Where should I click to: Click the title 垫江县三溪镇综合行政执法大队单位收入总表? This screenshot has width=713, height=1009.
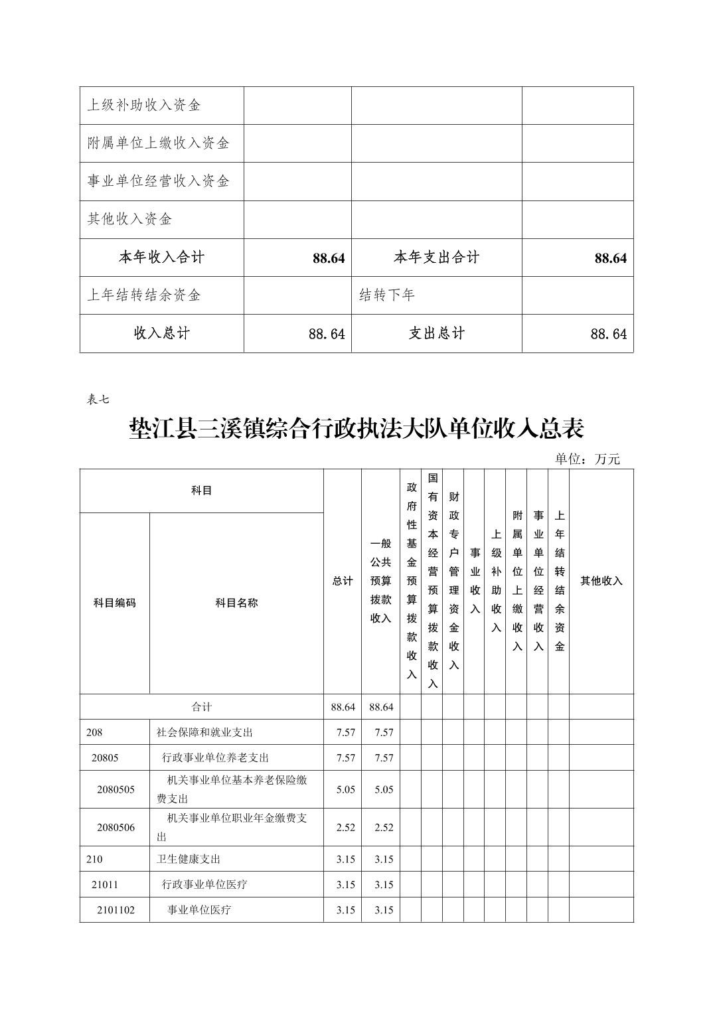(x=356, y=429)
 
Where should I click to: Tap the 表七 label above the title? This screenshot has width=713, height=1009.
(x=98, y=399)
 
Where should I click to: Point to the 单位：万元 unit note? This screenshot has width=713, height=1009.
(x=587, y=459)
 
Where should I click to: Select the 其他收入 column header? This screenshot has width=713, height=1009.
(x=601, y=581)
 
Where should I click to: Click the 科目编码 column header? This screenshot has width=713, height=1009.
(x=114, y=603)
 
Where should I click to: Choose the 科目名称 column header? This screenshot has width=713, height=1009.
(x=236, y=603)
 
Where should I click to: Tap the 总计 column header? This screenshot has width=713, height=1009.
(x=343, y=581)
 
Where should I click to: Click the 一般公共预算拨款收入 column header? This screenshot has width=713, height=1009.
(x=380, y=581)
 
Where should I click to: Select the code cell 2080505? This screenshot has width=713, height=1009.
(x=116, y=789)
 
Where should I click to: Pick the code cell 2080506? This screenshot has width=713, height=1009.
(x=116, y=827)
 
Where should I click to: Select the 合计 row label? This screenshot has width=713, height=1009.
(x=202, y=707)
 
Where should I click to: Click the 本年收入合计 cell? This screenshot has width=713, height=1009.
(x=161, y=258)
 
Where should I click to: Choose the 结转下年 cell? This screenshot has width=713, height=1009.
(x=387, y=295)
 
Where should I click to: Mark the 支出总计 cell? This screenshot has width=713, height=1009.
(x=436, y=333)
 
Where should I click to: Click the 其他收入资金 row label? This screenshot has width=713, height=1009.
(x=129, y=219)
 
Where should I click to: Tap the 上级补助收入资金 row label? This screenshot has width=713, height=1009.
(x=144, y=105)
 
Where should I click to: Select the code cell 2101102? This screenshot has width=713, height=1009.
(x=116, y=909)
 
